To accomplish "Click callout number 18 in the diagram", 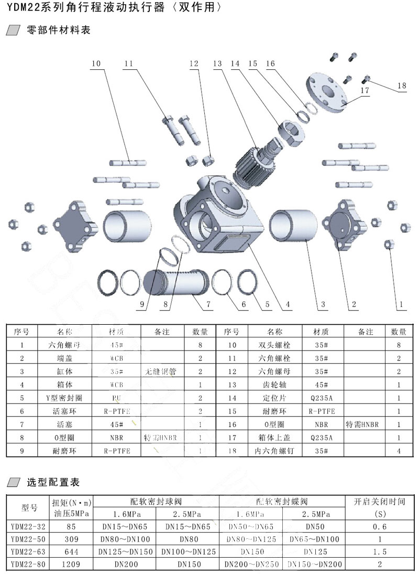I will coord(401,86).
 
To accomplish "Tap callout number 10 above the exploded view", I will coord(95,64).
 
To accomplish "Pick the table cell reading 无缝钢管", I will coord(162,371).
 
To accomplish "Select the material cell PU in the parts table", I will coord(116,398).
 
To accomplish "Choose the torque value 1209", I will coord(71,564).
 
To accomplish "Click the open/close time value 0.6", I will coord(379,526).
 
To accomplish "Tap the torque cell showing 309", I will coord(71,539).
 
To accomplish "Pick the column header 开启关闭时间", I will coord(379,501).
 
